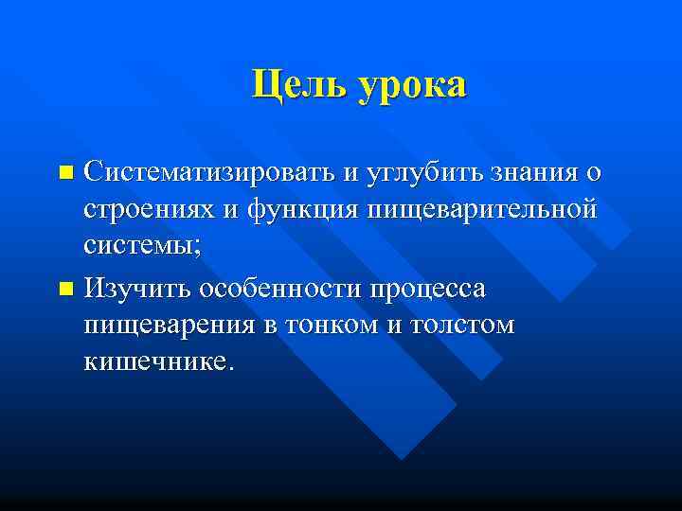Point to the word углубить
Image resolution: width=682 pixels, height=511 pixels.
(416, 173)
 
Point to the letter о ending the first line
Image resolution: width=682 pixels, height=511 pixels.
(592, 173)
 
